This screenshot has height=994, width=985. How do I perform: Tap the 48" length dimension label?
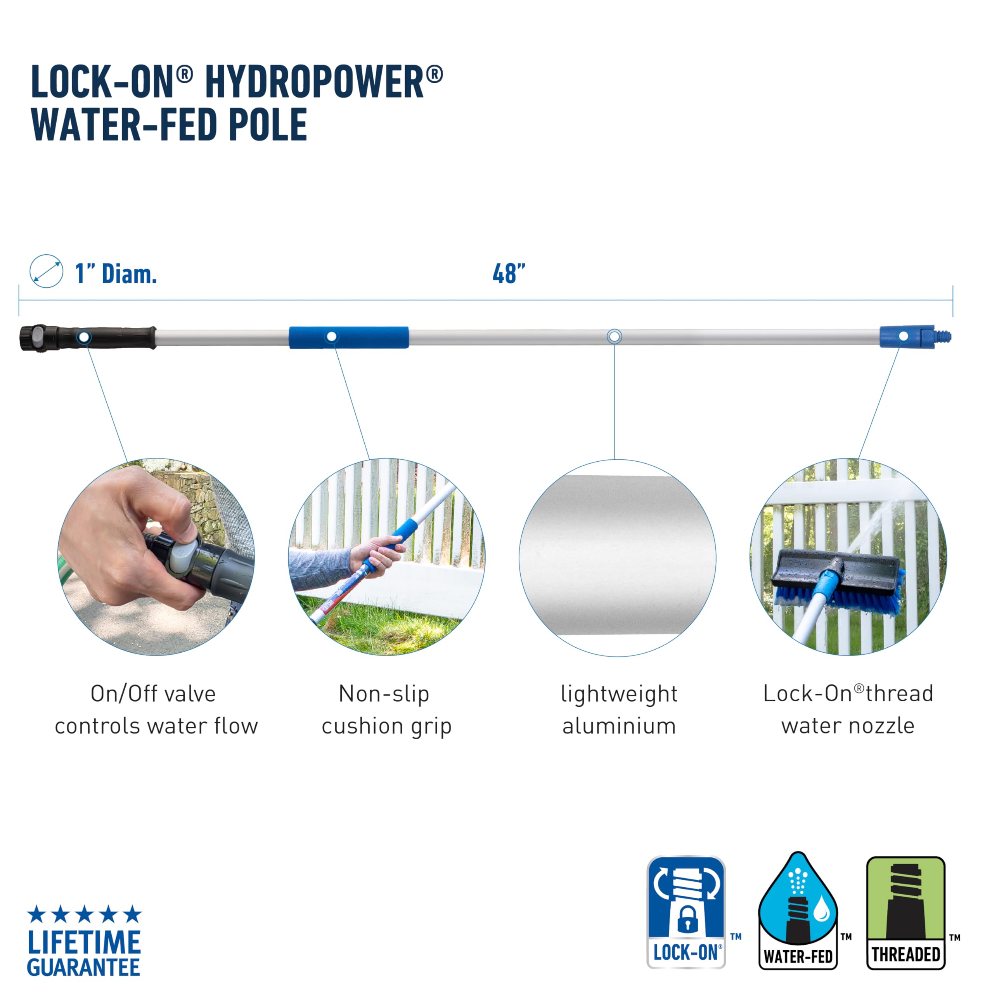(509, 274)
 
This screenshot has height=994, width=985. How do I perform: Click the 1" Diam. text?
(116, 274)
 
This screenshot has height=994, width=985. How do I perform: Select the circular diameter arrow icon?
(46, 271)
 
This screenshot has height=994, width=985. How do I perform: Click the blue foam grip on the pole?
(348, 337)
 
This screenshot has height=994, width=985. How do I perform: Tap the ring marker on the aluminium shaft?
(615, 337)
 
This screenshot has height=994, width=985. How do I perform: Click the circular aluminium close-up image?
(617, 558)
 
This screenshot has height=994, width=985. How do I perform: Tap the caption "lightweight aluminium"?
(619, 710)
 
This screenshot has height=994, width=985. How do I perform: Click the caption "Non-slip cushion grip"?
(386, 710)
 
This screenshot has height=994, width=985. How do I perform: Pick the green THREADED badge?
(905, 913)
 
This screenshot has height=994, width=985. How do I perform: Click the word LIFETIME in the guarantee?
(84, 942)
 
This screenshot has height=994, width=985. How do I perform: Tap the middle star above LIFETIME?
(84, 914)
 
